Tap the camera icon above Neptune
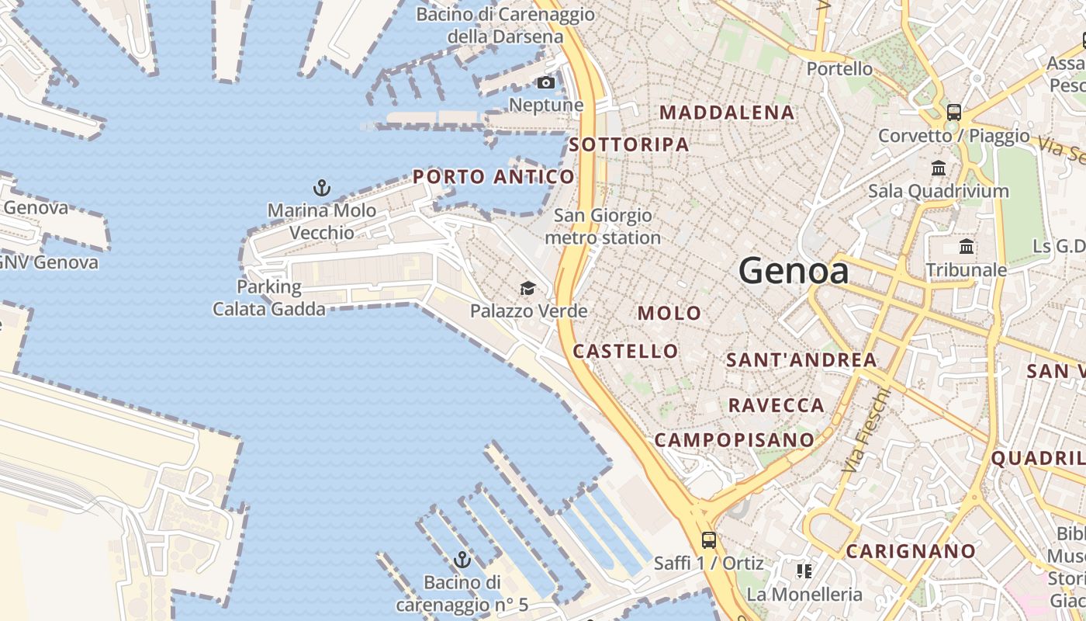pyautogui.click(x=546, y=82)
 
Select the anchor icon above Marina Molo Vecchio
pyautogui.click(x=321, y=187)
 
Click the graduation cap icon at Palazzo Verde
pyautogui.click(x=527, y=289)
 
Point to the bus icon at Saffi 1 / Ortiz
pyautogui.click(x=708, y=539)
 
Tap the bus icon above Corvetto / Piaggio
pyautogui.click(x=954, y=112)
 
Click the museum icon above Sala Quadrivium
pyautogui.click(x=939, y=168)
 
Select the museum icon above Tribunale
pyautogui.click(x=967, y=247)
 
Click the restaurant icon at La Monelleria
pyautogui.click(x=804, y=571)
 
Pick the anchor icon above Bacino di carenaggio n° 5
pyautogui.click(x=462, y=559)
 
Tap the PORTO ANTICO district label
pyautogui.click(x=493, y=177)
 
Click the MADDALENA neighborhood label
pyautogui.click(x=727, y=113)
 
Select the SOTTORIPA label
pyautogui.click(x=628, y=144)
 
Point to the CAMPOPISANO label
pyautogui.click(x=734, y=440)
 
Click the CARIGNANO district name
pyautogui.click(x=911, y=551)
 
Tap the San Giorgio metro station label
pyautogui.click(x=603, y=227)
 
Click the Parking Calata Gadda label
pyautogui.click(x=269, y=298)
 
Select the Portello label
pyautogui.click(x=839, y=69)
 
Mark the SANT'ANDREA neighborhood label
pyautogui.click(x=801, y=360)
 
